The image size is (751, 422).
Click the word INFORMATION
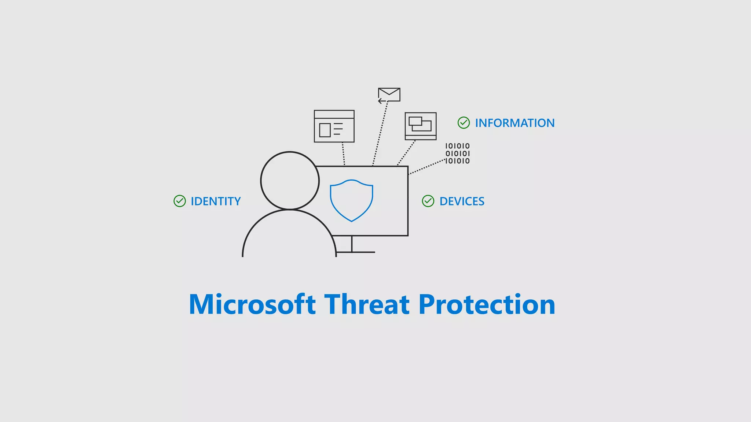[x=514, y=123]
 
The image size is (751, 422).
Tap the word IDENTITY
[x=216, y=201]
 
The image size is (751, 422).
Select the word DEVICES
[x=462, y=201]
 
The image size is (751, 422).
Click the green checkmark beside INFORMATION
[x=464, y=123]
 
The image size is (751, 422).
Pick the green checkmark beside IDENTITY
[x=180, y=201]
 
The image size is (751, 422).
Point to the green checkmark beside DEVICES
[x=428, y=201]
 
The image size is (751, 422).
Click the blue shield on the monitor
[x=351, y=200]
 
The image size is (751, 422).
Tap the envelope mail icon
[x=389, y=94]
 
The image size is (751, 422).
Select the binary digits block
[x=457, y=153]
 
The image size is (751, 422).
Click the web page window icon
[x=334, y=126]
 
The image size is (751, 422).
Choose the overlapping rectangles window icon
[x=421, y=126]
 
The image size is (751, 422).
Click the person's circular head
[x=290, y=181]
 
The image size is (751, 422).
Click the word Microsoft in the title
[x=252, y=304]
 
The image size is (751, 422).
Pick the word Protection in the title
[x=487, y=304]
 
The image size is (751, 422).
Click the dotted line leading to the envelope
[x=380, y=134]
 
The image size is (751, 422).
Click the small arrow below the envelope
[x=382, y=101]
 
